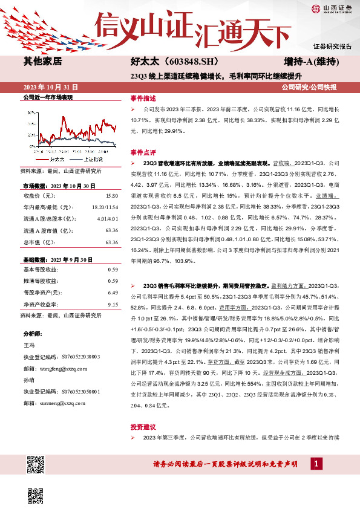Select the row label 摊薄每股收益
[x=40, y=281]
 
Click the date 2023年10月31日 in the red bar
[x=50, y=87]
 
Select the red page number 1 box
[x=315, y=463]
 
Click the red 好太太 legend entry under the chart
[x=53, y=159]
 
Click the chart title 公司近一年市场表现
[x=47, y=97]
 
